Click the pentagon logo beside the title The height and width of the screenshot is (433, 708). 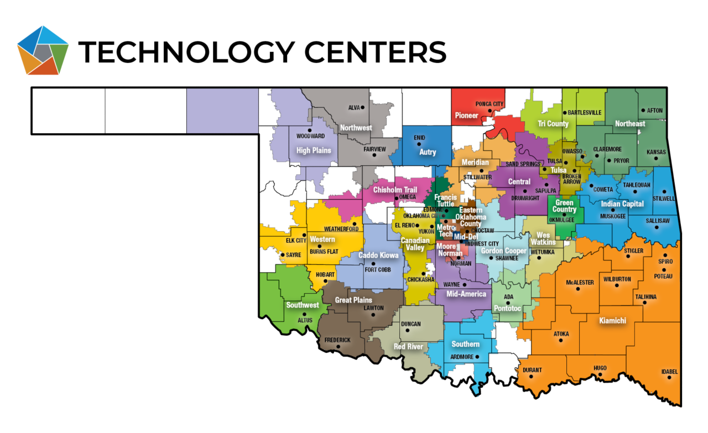click(x=43, y=50)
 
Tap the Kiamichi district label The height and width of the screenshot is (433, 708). click(x=612, y=320)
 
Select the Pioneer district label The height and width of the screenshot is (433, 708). click(x=466, y=116)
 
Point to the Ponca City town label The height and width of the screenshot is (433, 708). click(x=490, y=104)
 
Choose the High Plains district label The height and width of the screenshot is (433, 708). click(x=314, y=150)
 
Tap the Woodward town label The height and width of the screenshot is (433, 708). click(x=310, y=135)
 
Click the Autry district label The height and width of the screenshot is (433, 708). click(x=428, y=152)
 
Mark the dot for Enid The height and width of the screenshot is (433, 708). click(x=419, y=144)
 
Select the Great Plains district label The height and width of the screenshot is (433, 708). click(x=353, y=300)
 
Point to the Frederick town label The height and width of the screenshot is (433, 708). click(x=337, y=340)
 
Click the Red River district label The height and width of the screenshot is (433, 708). click(x=408, y=347)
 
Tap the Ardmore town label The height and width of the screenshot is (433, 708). click(x=462, y=357)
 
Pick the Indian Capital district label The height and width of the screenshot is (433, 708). click(x=622, y=204)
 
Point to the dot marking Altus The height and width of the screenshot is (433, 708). click(x=305, y=314)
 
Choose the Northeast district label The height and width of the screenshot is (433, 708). click(x=630, y=123)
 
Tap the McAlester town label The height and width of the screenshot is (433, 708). click(x=580, y=283)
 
